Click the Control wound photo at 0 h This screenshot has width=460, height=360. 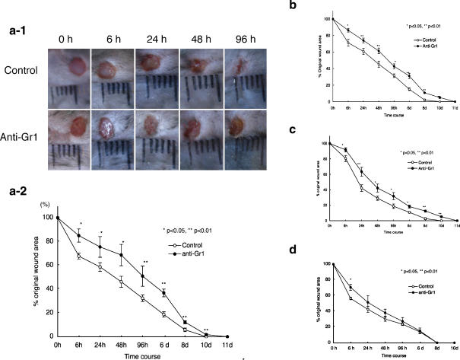(67, 76)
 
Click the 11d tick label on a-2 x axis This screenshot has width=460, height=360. (229, 346)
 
